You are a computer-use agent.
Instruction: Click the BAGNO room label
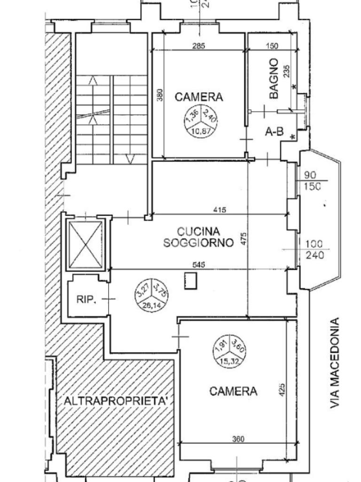point(275,79)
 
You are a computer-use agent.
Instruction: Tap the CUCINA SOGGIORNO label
point(198,237)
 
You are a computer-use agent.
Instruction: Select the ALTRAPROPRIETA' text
point(116,401)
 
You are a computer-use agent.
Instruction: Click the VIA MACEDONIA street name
point(335,363)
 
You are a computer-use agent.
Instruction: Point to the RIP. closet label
point(86,298)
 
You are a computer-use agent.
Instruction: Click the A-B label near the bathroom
point(274,132)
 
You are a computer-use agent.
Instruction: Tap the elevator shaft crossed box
point(86,243)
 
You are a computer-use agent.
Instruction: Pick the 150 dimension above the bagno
point(272,46)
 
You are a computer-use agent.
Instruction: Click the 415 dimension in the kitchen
point(220,210)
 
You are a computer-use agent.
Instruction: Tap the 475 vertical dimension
point(243,238)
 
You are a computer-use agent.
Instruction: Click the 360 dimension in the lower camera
point(238,439)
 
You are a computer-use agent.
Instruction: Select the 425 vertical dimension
point(282,390)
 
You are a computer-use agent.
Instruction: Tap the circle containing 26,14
point(151,295)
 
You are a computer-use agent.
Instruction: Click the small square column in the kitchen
point(191,281)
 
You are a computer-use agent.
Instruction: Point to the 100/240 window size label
point(314,249)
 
